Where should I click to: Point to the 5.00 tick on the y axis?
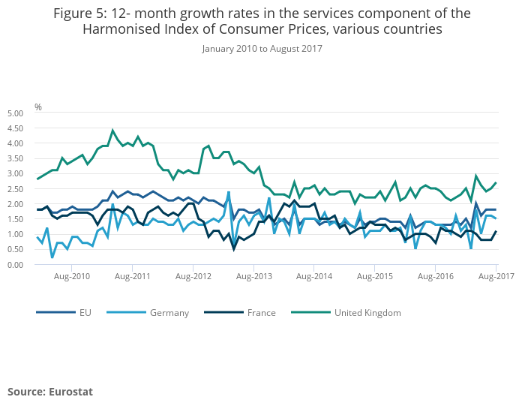click(16, 113)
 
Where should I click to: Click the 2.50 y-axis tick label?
click(16, 189)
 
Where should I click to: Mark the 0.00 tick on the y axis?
click(16, 265)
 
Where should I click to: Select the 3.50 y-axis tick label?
click(16, 158)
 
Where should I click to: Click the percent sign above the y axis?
click(38, 107)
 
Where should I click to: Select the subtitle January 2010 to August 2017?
click(262, 49)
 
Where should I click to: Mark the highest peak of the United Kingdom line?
click(112, 131)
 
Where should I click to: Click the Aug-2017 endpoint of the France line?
click(496, 232)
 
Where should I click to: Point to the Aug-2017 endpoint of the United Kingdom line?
click(496, 183)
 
